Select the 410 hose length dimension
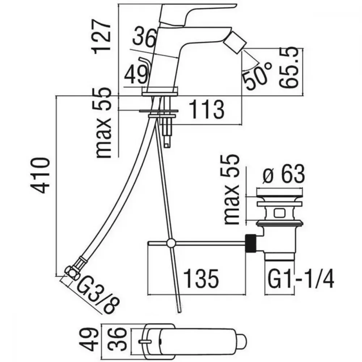tap(40, 175)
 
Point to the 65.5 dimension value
tap(289, 67)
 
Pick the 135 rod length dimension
tap(201, 279)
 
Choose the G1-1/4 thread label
tap(300, 278)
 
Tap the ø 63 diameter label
tap(284, 174)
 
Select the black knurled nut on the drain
tap(251, 244)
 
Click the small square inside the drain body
tap(279, 213)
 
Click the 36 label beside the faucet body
tap(143, 37)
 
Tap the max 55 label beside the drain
tap(232, 189)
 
